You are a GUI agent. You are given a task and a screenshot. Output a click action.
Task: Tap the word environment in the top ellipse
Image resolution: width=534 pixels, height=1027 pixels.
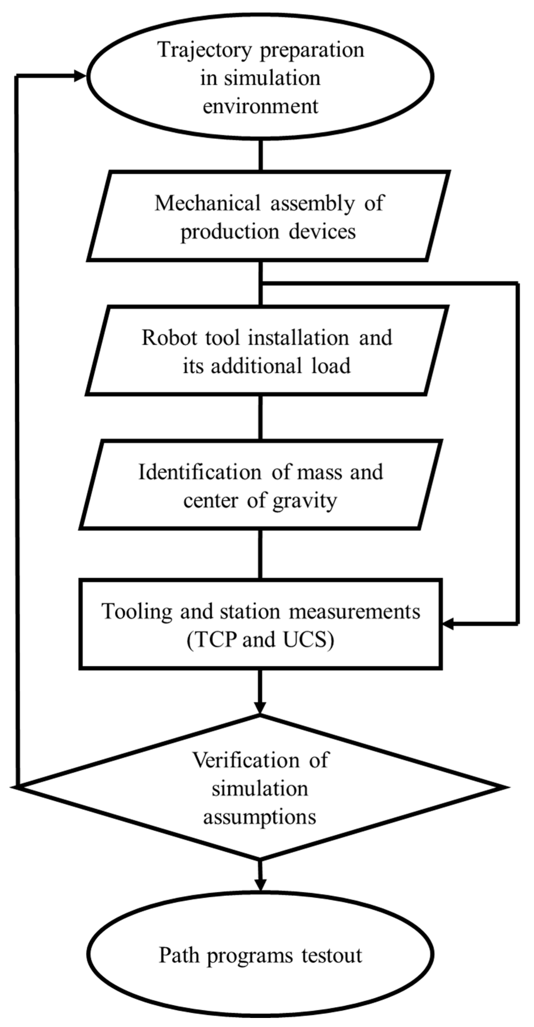261,106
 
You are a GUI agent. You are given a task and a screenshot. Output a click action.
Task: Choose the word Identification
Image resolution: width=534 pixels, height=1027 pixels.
199,472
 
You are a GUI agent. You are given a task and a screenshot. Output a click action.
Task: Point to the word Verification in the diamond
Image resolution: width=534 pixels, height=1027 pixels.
246,760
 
